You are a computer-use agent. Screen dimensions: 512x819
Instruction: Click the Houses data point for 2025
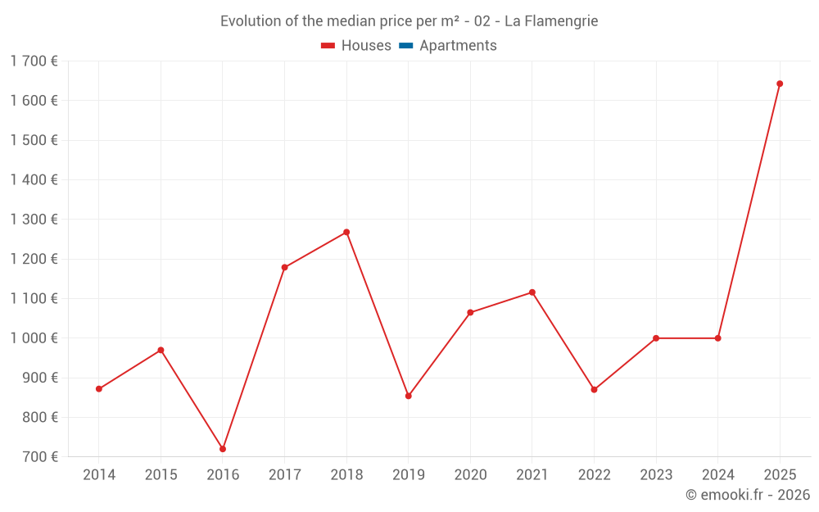[x=780, y=84]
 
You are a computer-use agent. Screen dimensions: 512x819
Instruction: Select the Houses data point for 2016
[x=223, y=449]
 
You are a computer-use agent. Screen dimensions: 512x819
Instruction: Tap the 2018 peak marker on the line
[x=346, y=232]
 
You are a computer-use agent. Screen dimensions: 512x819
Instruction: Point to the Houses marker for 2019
[x=409, y=396]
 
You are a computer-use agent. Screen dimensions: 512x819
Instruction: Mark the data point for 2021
[x=532, y=292]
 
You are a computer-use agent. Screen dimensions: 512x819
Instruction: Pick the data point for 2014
[x=99, y=389]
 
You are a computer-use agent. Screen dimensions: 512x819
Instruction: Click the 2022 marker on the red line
[x=594, y=390]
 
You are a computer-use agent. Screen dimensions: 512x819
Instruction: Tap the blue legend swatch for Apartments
[x=405, y=46]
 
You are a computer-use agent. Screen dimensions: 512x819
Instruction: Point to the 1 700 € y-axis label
[x=34, y=61]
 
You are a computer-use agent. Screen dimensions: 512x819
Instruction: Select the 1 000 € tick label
[x=34, y=338]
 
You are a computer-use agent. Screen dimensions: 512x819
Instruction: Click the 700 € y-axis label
[x=39, y=457]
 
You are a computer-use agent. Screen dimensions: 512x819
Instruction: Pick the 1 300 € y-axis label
[x=34, y=220]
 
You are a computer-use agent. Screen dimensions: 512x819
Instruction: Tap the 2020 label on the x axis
[x=470, y=475]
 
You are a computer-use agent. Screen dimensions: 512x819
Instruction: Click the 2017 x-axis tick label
[x=284, y=475]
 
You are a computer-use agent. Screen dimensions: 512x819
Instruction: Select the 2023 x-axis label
[x=656, y=475]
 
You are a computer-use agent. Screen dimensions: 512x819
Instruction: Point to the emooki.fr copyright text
[x=748, y=495]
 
